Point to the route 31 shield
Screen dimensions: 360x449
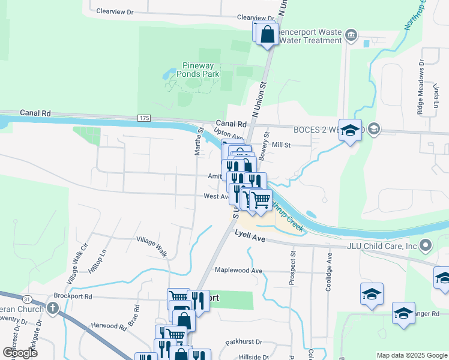26,298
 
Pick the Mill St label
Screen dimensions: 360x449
281,145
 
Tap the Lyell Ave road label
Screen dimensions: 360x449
249,237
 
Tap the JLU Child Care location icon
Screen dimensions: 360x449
426,245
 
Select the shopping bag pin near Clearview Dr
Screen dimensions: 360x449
268,35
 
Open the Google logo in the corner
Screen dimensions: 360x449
20,352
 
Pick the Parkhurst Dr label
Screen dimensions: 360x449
244,342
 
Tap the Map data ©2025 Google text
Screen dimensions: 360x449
411,355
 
